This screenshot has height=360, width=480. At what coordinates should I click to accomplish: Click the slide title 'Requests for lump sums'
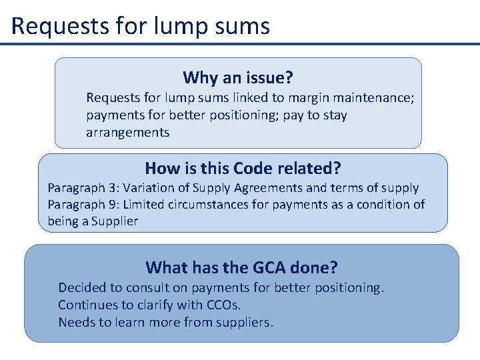pos(141,26)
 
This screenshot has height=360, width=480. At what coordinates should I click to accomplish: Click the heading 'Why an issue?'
pos(238,77)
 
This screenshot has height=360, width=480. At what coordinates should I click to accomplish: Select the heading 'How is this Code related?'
pos(243,168)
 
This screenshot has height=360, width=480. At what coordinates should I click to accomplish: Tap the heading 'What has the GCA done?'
pos(241,267)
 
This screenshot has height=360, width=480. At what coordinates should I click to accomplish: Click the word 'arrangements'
pos(127,132)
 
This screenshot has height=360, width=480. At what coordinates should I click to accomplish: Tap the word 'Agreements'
pos(270,188)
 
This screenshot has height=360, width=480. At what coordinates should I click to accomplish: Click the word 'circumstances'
pos(207,205)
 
